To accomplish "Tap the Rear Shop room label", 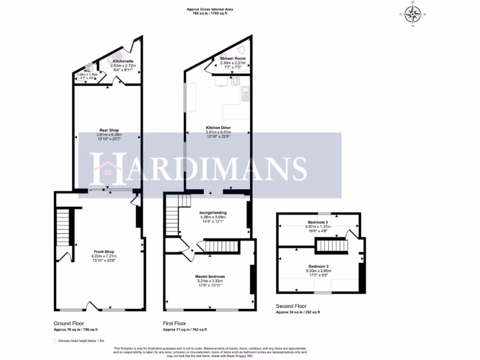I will pos(109,130).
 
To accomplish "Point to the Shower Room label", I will pos(230,59).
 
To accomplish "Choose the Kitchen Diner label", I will pos(218,127).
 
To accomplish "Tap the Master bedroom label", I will pos(210,277).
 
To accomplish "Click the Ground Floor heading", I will pos(69,323).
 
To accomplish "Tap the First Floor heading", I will pos(174,323).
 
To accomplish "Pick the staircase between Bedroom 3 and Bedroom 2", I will pos(332,245).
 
